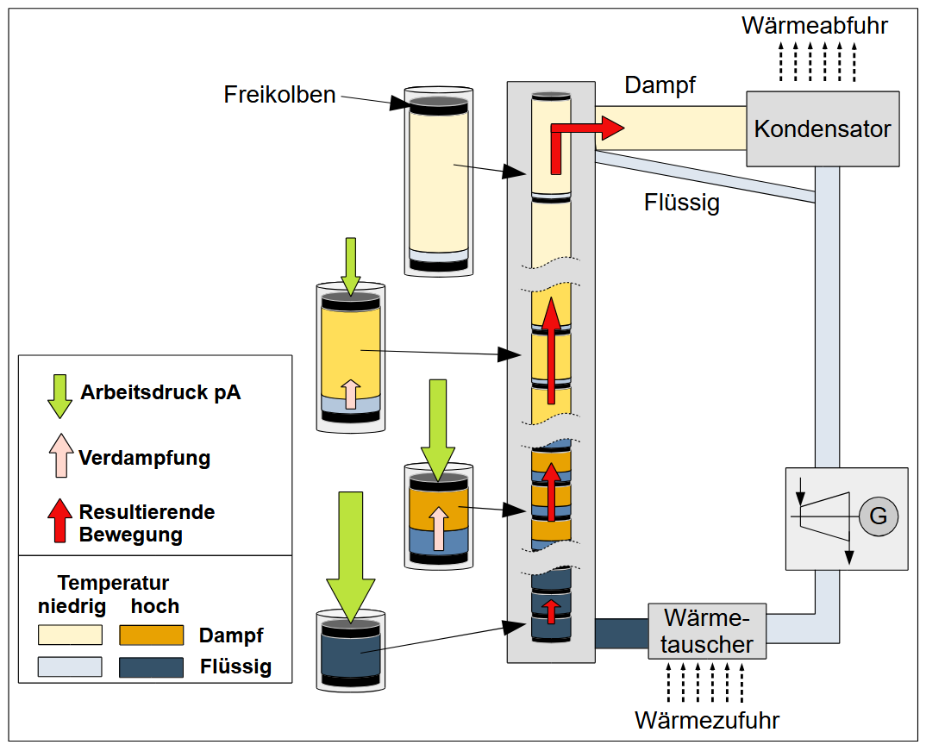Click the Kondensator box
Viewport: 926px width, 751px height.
point(823,128)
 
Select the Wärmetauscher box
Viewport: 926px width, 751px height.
point(706,631)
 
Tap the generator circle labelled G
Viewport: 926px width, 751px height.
point(878,516)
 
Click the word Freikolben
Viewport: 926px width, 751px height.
point(280,94)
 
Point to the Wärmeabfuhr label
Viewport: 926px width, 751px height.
point(814,25)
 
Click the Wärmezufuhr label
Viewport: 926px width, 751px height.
point(707,719)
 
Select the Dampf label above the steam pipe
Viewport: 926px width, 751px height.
point(660,85)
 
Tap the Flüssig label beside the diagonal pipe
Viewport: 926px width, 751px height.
point(681,203)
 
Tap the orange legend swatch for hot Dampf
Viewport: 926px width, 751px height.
point(152,635)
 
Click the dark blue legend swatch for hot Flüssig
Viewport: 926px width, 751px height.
point(152,667)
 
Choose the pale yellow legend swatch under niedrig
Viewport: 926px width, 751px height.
point(70,635)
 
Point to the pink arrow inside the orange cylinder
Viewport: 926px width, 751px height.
point(438,529)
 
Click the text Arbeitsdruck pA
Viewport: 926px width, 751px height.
point(160,393)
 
